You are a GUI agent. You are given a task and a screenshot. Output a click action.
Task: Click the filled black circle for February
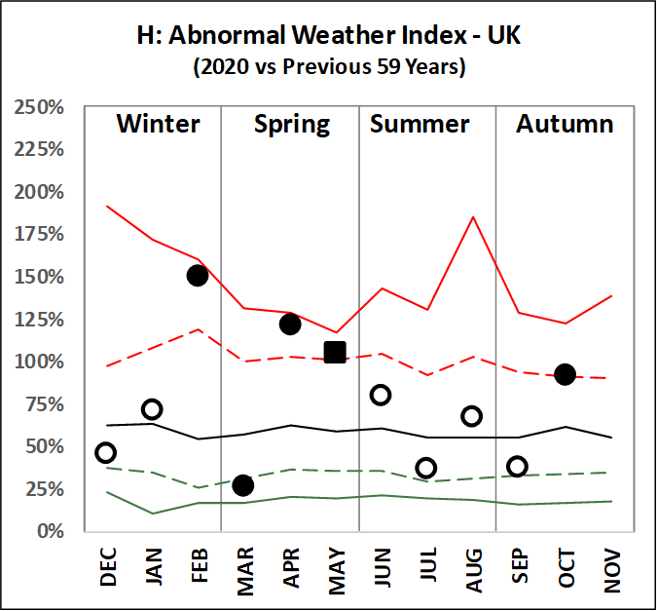click(198, 275)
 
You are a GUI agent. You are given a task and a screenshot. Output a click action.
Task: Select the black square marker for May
click(335, 352)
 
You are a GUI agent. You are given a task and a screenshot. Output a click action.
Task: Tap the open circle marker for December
click(106, 452)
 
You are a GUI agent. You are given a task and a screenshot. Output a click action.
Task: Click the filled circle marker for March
click(243, 485)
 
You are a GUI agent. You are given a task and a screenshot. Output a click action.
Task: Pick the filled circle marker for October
click(565, 374)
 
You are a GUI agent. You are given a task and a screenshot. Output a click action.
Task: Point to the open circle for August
click(472, 416)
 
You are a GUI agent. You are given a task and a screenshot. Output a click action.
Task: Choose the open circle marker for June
click(381, 395)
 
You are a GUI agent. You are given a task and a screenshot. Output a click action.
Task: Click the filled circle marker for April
click(289, 324)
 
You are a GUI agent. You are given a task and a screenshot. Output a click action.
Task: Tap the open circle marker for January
click(152, 409)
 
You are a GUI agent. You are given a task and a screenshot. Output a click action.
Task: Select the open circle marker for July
click(426, 468)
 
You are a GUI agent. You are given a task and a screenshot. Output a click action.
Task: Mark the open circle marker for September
click(518, 466)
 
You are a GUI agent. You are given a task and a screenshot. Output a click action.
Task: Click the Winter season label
click(158, 125)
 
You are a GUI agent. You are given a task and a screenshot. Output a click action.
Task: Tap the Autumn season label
click(565, 125)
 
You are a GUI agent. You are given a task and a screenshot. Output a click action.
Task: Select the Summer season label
click(420, 125)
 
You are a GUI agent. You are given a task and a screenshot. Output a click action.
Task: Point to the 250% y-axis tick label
click(38, 107)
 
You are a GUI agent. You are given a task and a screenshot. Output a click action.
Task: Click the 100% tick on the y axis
click(38, 362)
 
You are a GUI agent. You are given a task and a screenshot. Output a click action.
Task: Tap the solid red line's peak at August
click(472, 217)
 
